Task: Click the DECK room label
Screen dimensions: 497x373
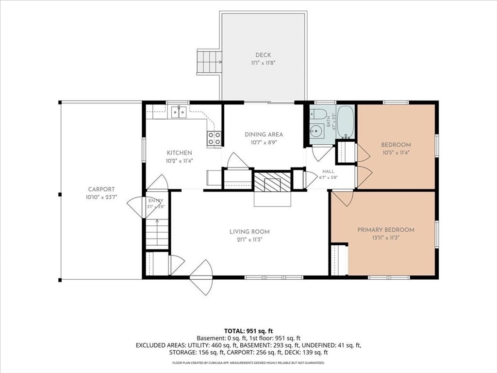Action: click(x=263, y=55)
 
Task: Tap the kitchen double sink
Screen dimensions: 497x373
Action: click(x=179, y=112)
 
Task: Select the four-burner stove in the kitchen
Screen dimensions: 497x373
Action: click(x=214, y=138)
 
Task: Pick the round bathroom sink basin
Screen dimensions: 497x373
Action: click(x=315, y=131)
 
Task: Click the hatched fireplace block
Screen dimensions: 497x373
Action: click(x=273, y=182)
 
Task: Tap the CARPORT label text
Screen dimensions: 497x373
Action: click(x=101, y=189)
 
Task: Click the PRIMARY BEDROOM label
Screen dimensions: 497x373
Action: click(x=386, y=230)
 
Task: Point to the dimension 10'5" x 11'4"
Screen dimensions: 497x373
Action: click(x=396, y=152)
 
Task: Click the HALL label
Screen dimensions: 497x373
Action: click(x=328, y=171)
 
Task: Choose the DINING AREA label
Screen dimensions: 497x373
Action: click(x=264, y=135)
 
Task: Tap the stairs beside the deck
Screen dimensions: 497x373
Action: click(x=209, y=62)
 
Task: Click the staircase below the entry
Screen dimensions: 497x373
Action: click(x=157, y=234)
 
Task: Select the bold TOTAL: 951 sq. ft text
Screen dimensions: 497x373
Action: click(x=248, y=331)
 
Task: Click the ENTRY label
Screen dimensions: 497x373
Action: click(x=156, y=201)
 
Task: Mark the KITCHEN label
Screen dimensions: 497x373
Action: click(x=180, y=153)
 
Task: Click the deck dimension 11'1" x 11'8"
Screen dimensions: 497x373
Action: click(x=263, y=63)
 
